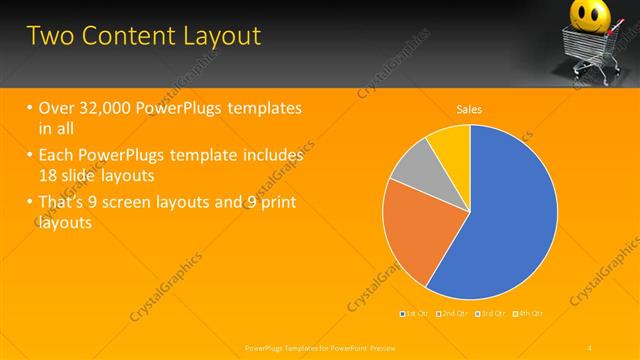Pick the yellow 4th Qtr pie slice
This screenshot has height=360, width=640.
pyautogui.click(x=451, y=145)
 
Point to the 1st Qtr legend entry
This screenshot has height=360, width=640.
pyautogui.click(x=416, y=314)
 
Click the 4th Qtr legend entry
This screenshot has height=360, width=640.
pyautogui.click(x=529, y=314)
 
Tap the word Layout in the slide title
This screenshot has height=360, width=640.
pyautogui.click(x=221, y=36)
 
